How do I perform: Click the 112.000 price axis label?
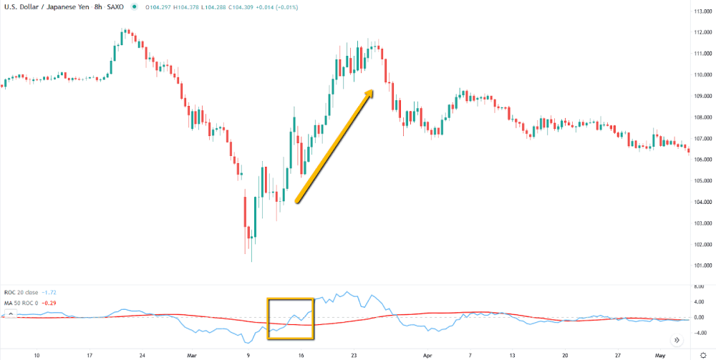pos(701,32)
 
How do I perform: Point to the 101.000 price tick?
pos(701,265)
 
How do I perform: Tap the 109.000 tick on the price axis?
pos(701,96)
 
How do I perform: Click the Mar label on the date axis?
pos(192,354)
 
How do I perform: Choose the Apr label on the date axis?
pos(428,354)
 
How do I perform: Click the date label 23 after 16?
pos(354,354)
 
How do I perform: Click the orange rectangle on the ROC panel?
pos(291,318)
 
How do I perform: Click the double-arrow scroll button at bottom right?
pos(677,340)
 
